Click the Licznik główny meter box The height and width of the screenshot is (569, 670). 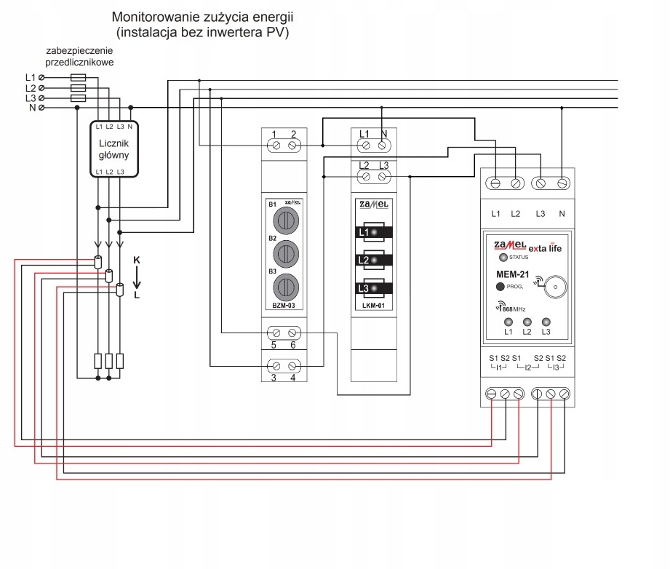(114, 148)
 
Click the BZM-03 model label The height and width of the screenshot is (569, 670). (282, 306)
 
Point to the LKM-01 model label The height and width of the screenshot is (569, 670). (372, 306)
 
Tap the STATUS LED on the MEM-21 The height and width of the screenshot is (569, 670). (502, 258)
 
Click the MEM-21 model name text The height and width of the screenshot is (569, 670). (512, 274)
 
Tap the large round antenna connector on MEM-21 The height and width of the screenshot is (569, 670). (555, 286)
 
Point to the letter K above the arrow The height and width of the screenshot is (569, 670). (136, 260)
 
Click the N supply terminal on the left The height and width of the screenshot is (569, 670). (41, 108)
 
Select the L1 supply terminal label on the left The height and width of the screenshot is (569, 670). (30, 77)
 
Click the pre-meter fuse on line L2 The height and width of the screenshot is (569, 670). (79, 87)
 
